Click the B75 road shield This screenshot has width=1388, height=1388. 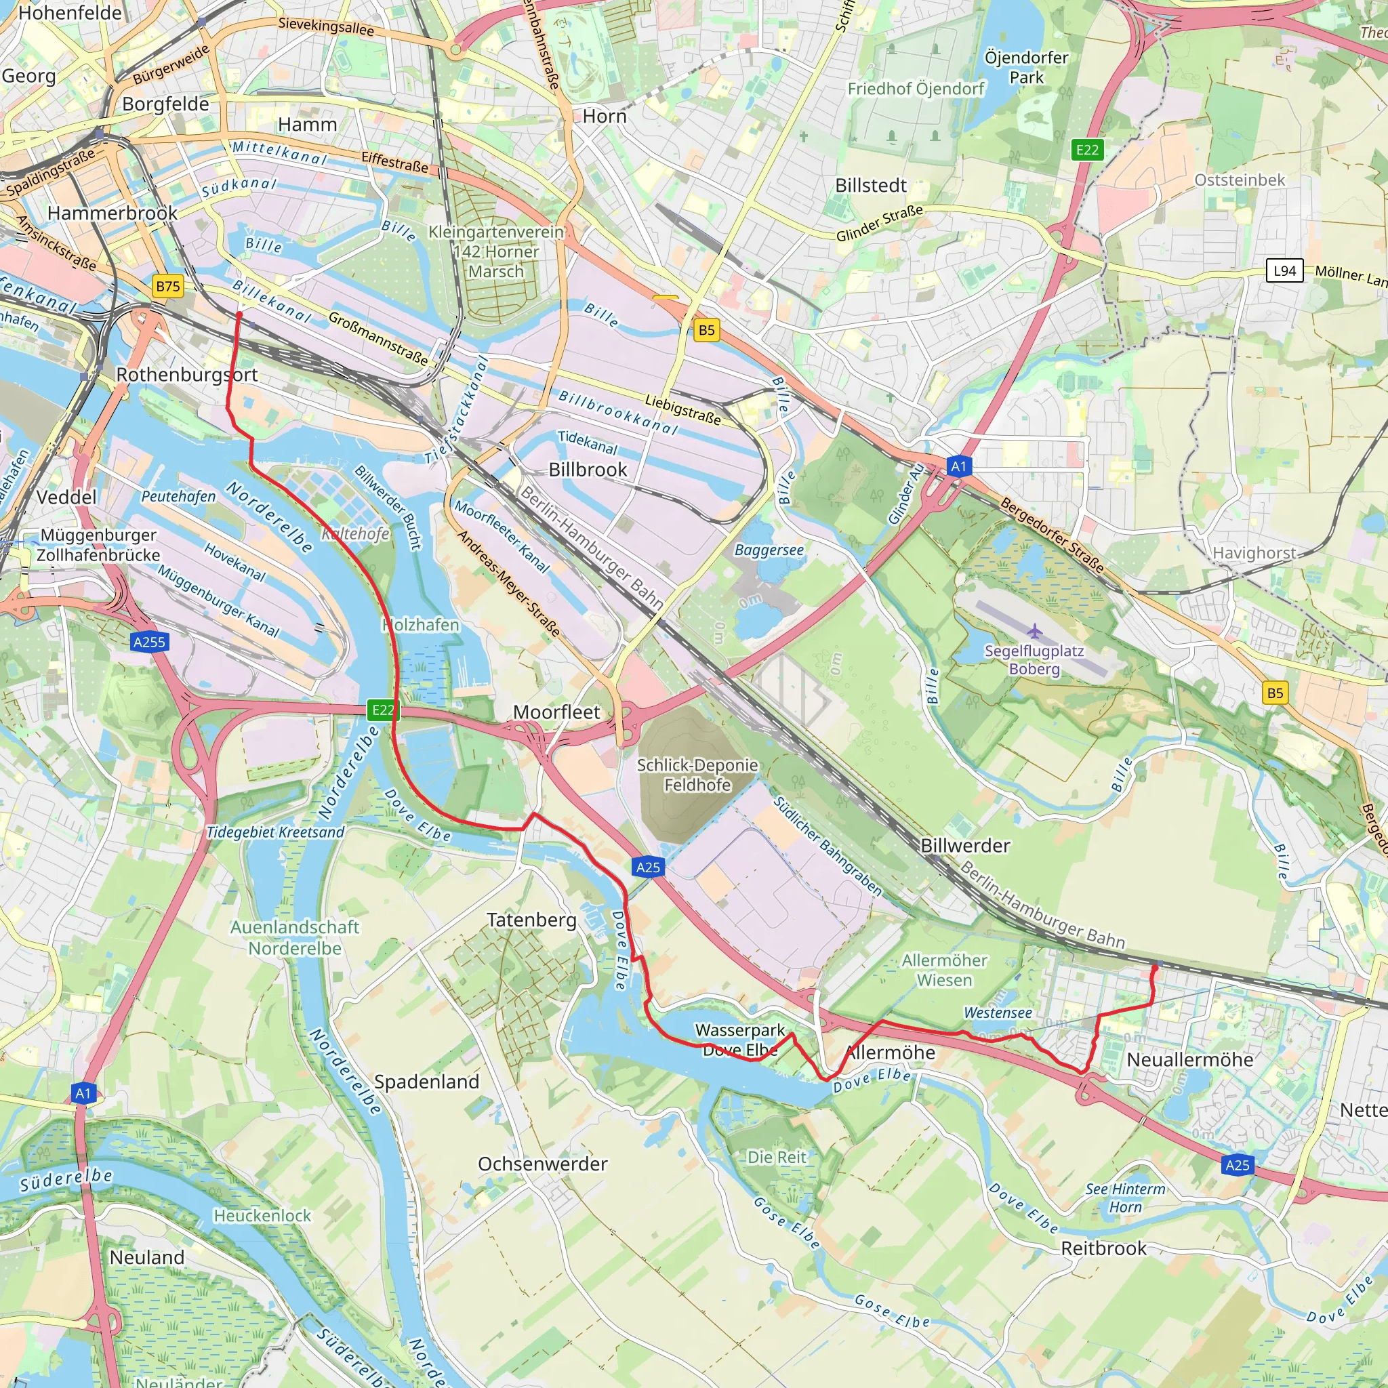coord(168,286)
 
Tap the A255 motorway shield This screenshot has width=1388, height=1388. coord(149,642)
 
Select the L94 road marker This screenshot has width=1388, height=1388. coord(1284,271)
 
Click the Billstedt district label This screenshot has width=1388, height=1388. coord(871,185)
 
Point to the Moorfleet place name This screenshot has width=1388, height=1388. coord(556,712)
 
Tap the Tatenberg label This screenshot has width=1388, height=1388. coord(531,920)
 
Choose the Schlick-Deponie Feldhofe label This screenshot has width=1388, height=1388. coord(697,775)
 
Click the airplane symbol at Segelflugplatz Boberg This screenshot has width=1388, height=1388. coord(1034,631)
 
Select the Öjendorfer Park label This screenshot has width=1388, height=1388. coord(1026,67)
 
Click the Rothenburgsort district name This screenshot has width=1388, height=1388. coord(187,374)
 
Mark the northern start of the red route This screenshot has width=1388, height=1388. coord(239,314)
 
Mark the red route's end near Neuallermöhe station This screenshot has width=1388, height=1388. coord(1154,968)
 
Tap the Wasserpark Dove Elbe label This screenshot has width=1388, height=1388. coord(740,1040)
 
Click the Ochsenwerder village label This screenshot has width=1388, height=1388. coord(542,1163)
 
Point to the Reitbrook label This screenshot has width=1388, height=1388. coord(1103,1248)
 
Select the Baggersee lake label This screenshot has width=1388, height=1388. coord(769,550)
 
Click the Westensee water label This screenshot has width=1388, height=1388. coord(997,1013)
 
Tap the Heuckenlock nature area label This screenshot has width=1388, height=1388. coord(262,1215)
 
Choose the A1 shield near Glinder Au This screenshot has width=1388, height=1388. coord(958,466)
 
